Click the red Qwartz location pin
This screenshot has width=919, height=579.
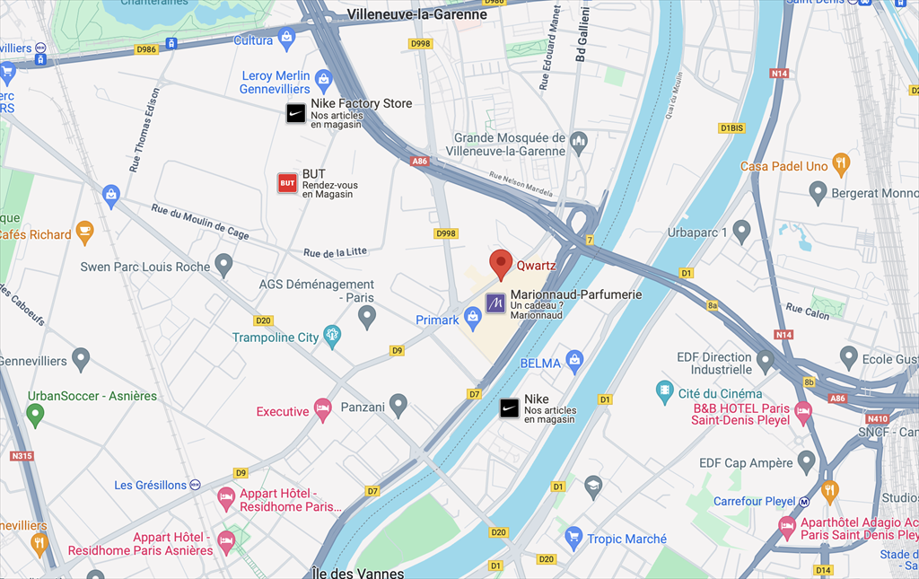501,264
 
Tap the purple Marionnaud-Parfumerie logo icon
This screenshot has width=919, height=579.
495,303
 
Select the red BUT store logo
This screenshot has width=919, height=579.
287,183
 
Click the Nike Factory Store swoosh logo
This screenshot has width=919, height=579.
295,113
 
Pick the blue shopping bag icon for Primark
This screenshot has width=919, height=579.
473,314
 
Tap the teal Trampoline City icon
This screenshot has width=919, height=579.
332,337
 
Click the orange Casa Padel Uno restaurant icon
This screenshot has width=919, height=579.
841,163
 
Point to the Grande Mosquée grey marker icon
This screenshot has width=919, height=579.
579,141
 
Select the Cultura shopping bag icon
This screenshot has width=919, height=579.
286,38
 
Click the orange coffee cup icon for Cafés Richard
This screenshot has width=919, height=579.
84,232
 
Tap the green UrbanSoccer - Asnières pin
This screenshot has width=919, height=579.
35,413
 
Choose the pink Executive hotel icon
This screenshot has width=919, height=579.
322,409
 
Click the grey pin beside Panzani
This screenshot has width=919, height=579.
398,405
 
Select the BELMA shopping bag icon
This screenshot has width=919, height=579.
574,361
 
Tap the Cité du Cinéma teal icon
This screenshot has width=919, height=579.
665,391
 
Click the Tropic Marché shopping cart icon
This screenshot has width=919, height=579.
573,538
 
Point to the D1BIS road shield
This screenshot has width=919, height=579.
731,128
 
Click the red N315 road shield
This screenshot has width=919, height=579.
22,456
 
